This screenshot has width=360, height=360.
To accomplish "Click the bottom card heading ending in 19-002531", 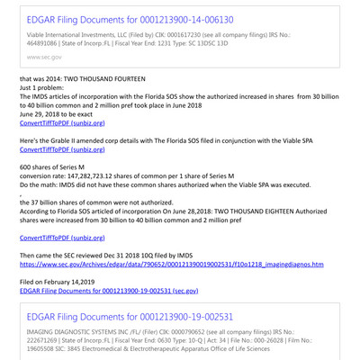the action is click(126, 342).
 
